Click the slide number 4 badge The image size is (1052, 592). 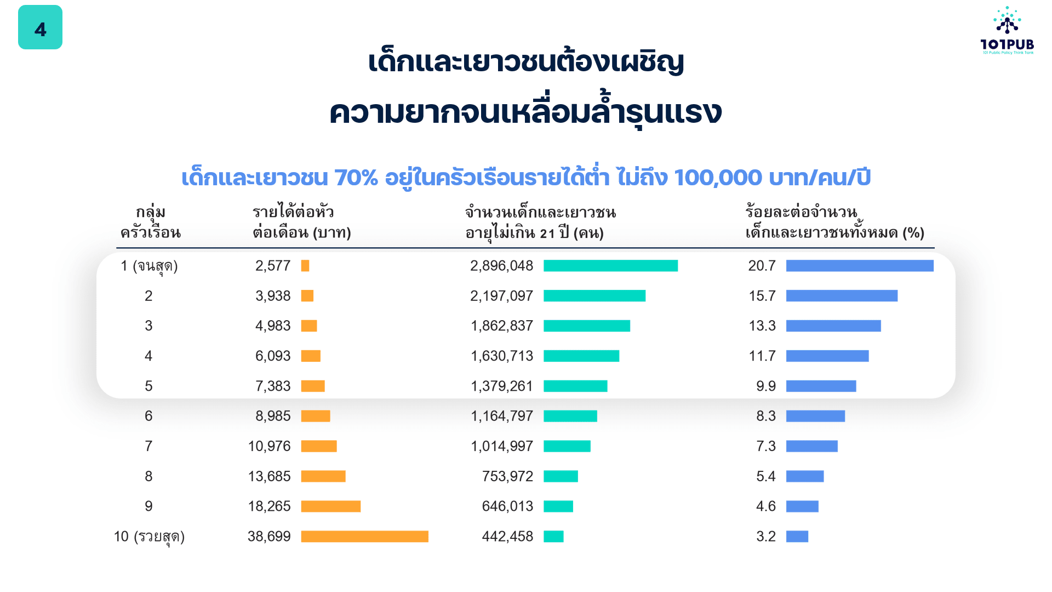click(40, 27)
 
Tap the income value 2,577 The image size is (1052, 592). click(273, 266)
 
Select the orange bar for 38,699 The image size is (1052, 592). click(364, 537)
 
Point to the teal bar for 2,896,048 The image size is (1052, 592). click(610, 266)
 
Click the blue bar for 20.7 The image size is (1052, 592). click(859, 266)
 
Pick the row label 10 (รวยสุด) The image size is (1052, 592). click(149, 537)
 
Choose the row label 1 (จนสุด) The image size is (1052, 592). click(149, 266)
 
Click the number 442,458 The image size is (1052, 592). click(507, 537)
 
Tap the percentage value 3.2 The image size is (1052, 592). click(765, 537)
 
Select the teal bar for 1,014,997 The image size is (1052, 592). click(567, 446)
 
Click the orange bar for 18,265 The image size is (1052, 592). click(330, 506)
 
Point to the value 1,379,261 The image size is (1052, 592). click(502, 386)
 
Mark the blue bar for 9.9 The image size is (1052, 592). click(821, 386)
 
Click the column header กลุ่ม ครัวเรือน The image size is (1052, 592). click(150, 223)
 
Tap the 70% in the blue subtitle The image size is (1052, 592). click(356, 178)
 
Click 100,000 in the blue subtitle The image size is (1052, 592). click(718, 178)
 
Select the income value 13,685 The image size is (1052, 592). click(269, 476)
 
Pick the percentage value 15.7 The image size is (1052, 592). click(762, 296)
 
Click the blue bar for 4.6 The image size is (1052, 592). click(802, 506)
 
